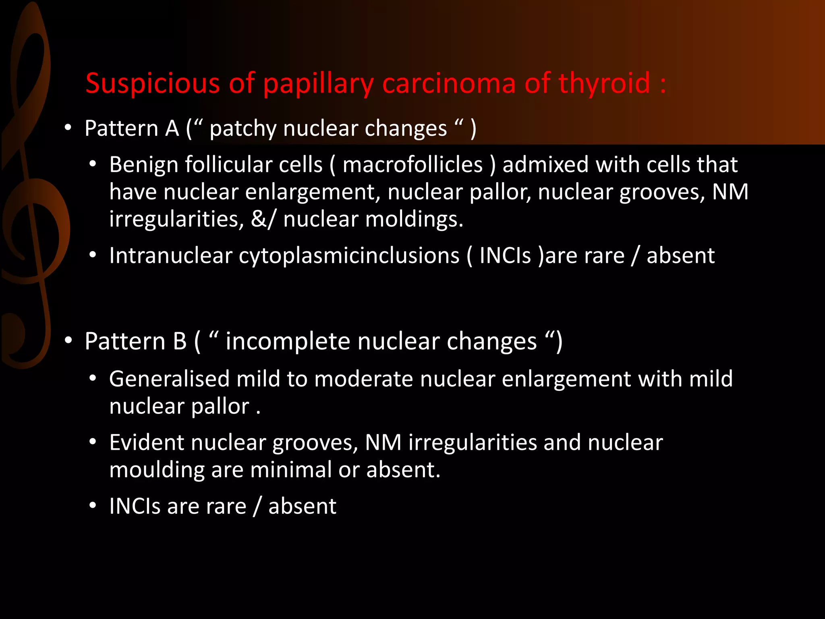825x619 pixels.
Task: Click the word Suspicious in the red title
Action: pos(153,83)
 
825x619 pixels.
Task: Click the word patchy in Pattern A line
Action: pos(243,129)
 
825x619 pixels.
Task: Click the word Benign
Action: pos(143,165)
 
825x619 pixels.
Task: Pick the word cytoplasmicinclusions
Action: pos(349,256)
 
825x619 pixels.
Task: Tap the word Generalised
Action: pos(169,379)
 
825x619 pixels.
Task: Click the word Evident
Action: pos(146,443)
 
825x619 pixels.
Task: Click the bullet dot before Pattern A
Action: pos(68,129)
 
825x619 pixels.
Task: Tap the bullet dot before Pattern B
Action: pos(68,341)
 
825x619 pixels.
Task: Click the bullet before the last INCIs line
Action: pos(93,506)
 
